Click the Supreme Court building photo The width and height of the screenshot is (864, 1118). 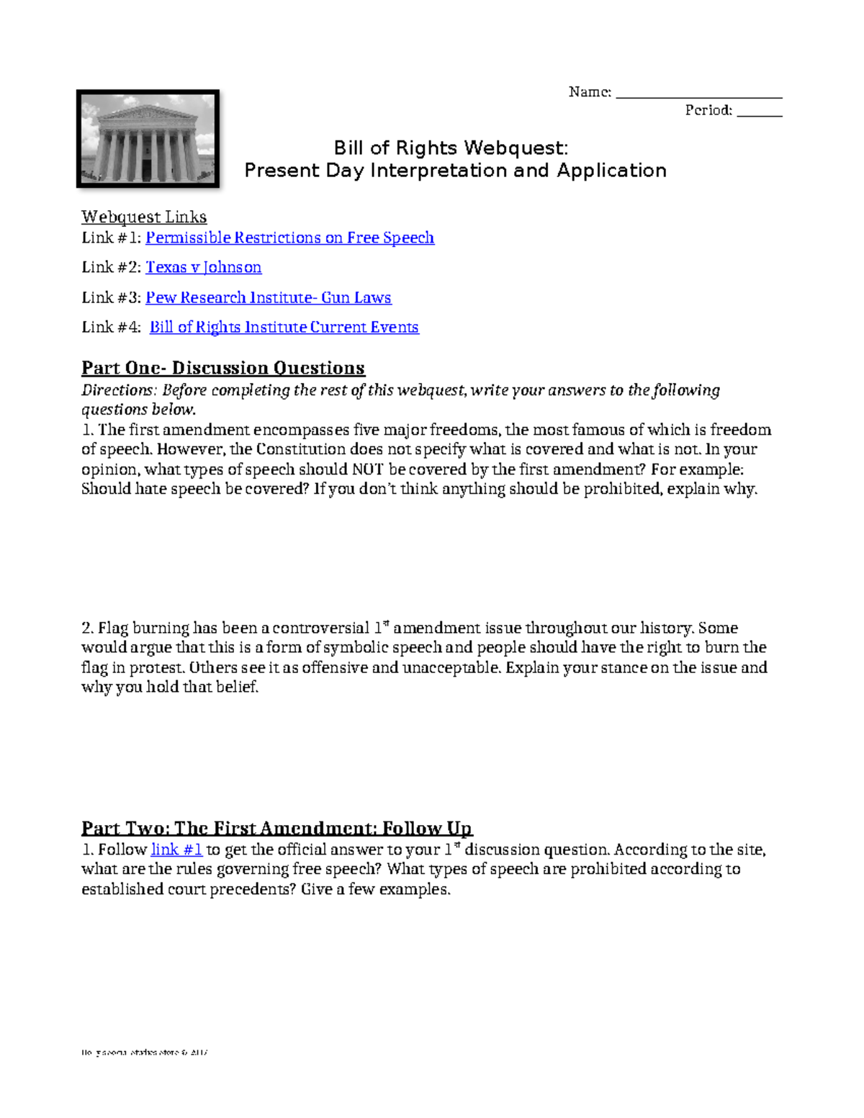(148, 139)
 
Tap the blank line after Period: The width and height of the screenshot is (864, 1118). (759, 112)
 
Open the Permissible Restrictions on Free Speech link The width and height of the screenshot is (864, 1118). (289, 238)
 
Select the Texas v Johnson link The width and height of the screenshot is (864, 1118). (203, 267)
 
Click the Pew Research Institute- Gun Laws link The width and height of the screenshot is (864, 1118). (268, 297)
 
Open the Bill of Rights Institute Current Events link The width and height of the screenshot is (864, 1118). (284, 327)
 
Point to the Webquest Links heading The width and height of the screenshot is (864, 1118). (144, 217)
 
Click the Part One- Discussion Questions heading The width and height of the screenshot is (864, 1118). (222, 368)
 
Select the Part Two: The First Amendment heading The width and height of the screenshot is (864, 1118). (276, 828)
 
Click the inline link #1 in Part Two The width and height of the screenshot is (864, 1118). (176, 849)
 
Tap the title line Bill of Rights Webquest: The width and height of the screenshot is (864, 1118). (451, 148)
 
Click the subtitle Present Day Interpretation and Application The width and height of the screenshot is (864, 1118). (455, 171)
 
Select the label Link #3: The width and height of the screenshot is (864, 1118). (111, 297)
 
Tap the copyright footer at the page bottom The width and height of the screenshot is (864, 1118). (144, 1052)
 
